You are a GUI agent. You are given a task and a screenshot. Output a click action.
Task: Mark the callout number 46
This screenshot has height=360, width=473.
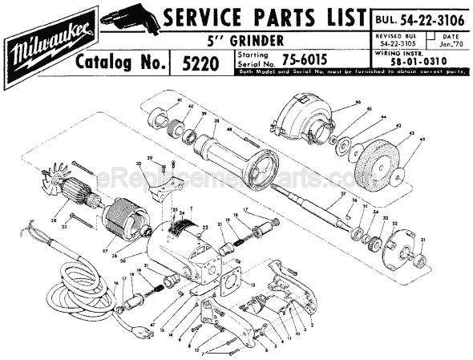coord(358,104)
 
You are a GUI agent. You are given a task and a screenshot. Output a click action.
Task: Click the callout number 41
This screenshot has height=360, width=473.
coord(179,100)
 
